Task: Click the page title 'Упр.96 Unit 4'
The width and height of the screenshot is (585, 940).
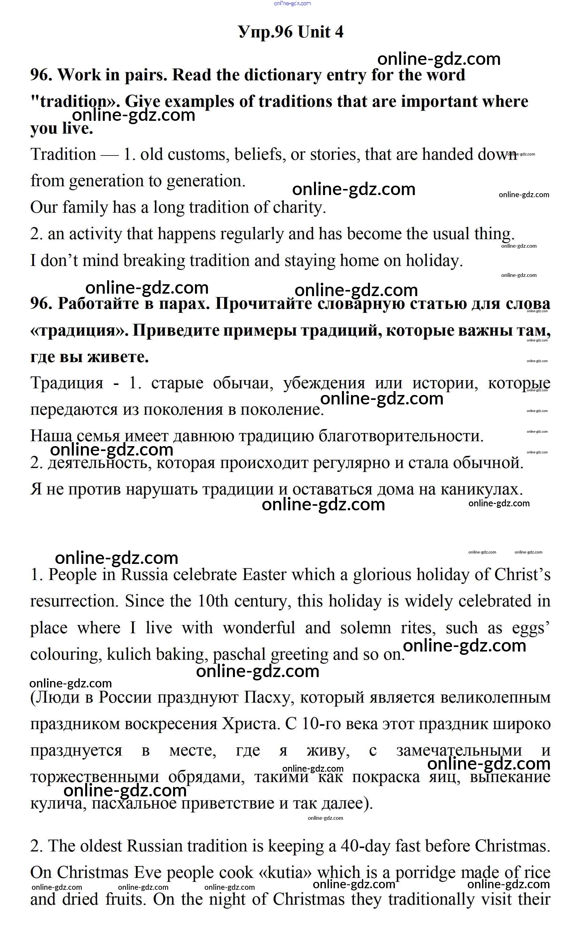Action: pyautogui.click(x=291, y=33)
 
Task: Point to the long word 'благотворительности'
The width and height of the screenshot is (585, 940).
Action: pyautogui.click(x=401, y=436)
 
